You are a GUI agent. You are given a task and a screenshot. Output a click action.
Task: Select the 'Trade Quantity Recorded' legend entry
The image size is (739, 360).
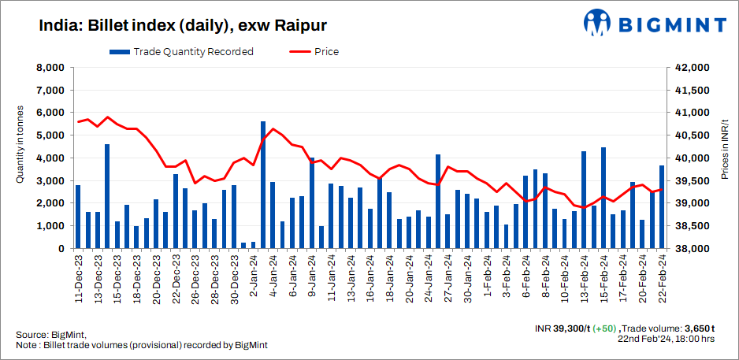coord(182,52)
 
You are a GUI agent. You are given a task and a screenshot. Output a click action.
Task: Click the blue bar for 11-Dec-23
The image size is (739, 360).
coord(78,217)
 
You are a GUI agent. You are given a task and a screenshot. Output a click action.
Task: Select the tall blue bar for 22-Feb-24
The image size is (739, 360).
coord(662,206)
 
